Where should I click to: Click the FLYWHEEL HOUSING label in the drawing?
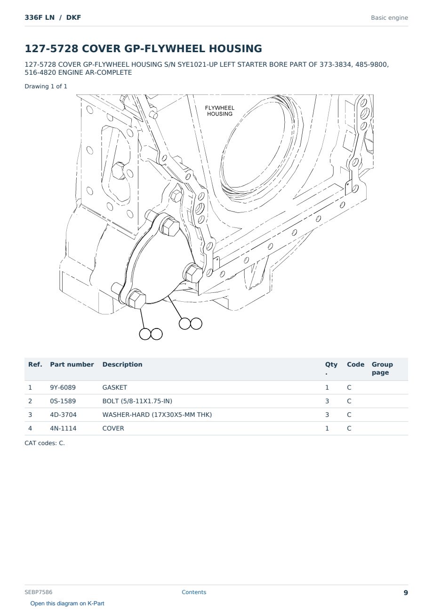pyautogui.click(x=220, y=111)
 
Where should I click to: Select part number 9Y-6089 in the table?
pyautogui.click(x=63, y=387)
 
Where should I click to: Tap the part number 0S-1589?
pyautogui.click(x=63, y=401)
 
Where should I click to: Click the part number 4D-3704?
pyautogui.click(x=63, y=415)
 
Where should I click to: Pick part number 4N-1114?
pyautogui.click(x=63, y=428)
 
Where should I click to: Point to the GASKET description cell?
pyautogui.click(x=115, y=387)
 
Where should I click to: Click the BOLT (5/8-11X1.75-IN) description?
pyautogui.click(x=137, y=401)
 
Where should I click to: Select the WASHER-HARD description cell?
pyautogui.click(x=157, y=415)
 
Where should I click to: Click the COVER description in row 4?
pyautogui.click(x=113, y=428)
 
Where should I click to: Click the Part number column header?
pyautogui.click(x=72, y=364)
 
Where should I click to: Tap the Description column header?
pyautogui.click(x=122, y=364)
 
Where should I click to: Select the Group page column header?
pyautogui.click(x=382, y=368)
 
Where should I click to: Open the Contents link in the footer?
pyautogui.click(x=194, y=592)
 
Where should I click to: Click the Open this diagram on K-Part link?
pyautogui.click(x=67, y=603)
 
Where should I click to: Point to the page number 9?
pyautogui.click(x=406, y=593)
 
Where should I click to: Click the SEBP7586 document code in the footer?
pyautogui.click(x=39, y=592)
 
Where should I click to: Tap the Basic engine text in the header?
pyautogui.click(x=389, y=18)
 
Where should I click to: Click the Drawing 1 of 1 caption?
pyautogui.click(x=46, y=86)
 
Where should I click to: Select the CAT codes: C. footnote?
pyautogui.click(x=45, y=443)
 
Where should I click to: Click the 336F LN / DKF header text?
pyautogui.click(x=53, y=17)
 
